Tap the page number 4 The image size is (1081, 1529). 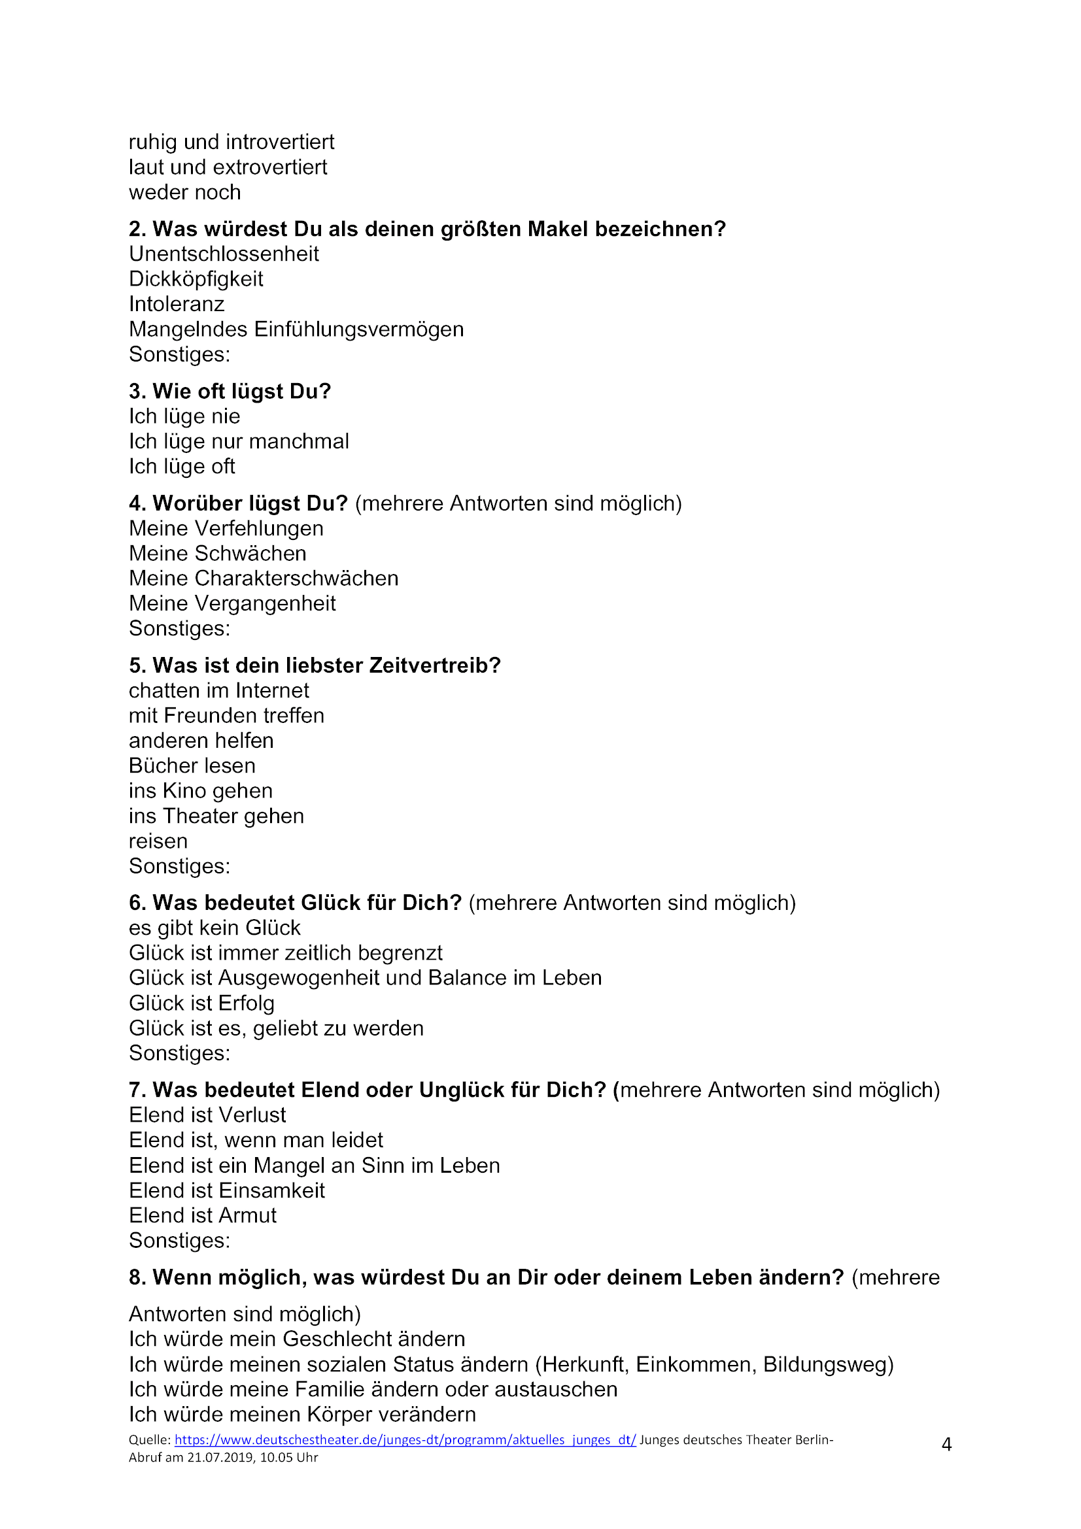coord(946,1445)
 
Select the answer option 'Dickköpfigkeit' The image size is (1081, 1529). coord(196,279)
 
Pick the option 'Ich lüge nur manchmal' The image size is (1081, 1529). coord(239,441)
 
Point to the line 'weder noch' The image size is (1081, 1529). coord(184,192)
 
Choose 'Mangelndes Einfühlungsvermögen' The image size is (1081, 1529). coord(296,329)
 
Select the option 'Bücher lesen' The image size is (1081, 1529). coord(192,766)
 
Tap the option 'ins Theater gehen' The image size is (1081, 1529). coord(216,816)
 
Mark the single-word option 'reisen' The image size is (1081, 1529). coord(158,841)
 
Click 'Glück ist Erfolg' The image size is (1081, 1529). coord(201,1003)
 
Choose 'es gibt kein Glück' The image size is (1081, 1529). coord(214,928)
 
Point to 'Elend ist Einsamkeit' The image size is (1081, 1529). coord(226,1190)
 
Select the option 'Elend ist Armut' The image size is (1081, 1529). coord(203,1215)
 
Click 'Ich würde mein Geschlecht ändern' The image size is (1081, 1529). coord(297,1339)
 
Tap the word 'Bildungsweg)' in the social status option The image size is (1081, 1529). coord(828,1364)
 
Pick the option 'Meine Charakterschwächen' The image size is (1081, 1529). coord(264,578)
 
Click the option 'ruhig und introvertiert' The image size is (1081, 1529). coord(231,142)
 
